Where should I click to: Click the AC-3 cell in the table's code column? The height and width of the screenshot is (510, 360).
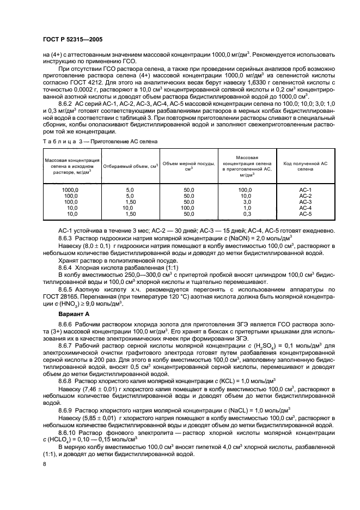click(305, 202)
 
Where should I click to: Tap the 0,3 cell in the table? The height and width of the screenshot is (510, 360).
click(246, 214)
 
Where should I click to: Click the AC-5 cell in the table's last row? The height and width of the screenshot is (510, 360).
click(305, 214)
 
